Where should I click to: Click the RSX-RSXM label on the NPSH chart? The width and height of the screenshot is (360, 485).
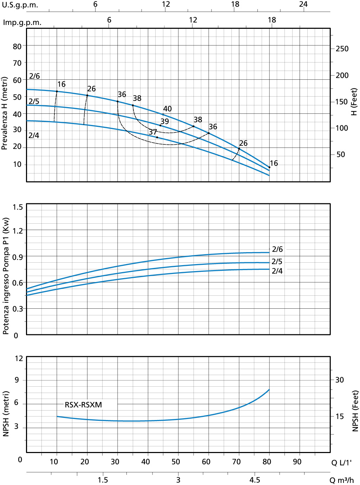[83, 405]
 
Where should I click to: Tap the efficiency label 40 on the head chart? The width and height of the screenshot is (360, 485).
[168, 109]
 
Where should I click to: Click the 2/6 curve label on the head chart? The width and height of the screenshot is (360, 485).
[34, 76]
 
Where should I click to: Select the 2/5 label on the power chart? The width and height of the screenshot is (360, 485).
[277, 262]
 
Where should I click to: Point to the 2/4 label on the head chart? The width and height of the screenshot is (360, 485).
[34, 136]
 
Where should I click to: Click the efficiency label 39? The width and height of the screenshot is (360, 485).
[165, 122]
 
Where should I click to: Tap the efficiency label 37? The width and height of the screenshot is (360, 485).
[153, 132]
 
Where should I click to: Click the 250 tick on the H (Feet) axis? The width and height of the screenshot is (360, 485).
[342, 49]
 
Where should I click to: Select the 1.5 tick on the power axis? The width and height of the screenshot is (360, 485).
[18, 207]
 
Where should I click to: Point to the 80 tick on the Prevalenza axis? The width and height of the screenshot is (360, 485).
[17, 46]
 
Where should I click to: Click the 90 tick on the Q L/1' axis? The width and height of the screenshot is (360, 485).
[297, 462]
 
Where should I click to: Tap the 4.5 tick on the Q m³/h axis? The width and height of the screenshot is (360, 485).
[255, 480]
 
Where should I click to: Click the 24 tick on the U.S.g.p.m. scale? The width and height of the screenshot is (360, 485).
[303, 4]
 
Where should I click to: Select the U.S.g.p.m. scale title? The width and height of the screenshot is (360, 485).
[20, 5]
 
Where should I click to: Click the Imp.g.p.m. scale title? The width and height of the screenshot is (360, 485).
[22, 23]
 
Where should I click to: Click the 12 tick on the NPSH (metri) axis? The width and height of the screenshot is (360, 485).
[19, 359]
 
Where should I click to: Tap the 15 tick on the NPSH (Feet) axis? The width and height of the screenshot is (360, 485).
[340, 417]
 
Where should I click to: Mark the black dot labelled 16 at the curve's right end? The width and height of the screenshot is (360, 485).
[269, 168]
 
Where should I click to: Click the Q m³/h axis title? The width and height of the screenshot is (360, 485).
[342, 480]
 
